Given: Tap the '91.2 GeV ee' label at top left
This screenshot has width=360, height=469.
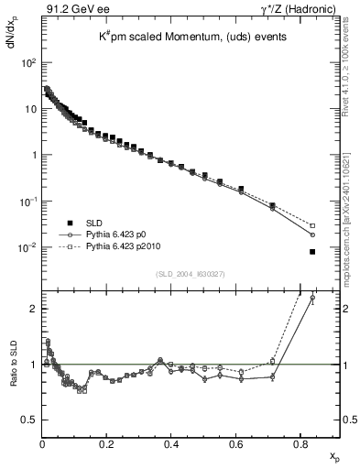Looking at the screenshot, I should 71,9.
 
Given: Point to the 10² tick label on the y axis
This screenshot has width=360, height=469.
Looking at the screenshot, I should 27,63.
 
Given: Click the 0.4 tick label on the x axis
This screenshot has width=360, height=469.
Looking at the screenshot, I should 171,446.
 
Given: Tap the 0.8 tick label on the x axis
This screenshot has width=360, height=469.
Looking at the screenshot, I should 301,446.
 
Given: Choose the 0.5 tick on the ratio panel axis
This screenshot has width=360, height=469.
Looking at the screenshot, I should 30,420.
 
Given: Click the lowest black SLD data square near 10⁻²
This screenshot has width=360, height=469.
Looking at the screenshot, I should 312,252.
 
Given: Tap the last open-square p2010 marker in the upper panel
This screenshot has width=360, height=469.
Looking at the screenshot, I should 312,225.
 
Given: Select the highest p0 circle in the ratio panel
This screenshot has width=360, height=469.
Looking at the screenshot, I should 312,298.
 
